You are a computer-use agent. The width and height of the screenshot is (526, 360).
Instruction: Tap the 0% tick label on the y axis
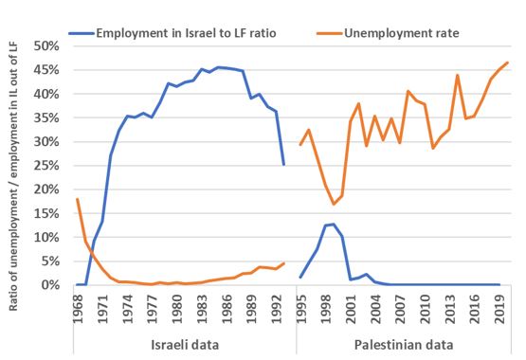[x=52, y=285]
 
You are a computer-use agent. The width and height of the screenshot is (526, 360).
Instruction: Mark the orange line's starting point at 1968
[x=78, y=199]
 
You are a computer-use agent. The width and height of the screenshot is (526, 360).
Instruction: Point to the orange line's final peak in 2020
[x=507, y=63]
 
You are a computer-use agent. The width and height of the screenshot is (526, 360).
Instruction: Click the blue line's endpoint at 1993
[x=283, y=165]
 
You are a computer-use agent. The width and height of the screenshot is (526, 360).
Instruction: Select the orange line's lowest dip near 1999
[x=334, y=204]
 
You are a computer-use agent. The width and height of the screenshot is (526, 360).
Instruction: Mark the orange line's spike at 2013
[x=458, y=75]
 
